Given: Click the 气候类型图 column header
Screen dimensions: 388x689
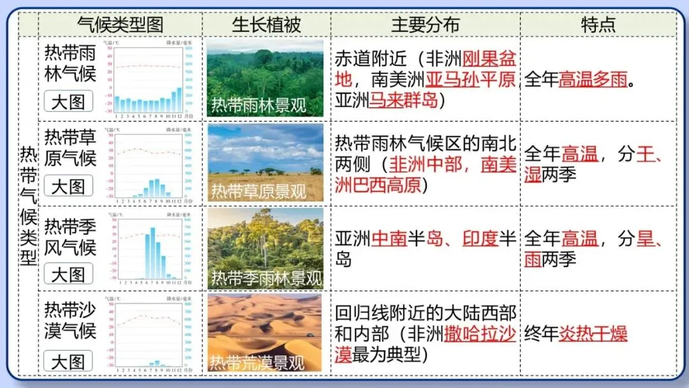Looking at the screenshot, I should tap(120, 24).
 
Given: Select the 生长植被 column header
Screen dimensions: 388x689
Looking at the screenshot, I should tap(266, 24).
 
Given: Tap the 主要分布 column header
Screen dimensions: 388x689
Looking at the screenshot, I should tap(425, 24).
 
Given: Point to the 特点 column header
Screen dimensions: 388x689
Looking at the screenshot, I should tap(598, 24).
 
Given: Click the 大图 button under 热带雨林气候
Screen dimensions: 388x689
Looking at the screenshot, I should tap(68, 101).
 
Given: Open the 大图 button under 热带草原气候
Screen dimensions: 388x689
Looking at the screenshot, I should tap(68, 186).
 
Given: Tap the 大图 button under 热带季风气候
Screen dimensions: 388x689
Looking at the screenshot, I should tap(68, 274).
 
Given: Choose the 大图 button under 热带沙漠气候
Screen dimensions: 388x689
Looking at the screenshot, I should tap(68, 361).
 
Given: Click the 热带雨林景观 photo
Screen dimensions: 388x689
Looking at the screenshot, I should tap(265, 78).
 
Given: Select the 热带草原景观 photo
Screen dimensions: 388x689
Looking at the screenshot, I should tap(265, 163).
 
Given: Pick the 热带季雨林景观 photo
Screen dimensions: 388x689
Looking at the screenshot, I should tap(265, 248).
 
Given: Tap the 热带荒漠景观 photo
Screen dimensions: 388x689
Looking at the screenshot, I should tap(265, 332).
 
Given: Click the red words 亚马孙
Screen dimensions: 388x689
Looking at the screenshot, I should tap(452, 80).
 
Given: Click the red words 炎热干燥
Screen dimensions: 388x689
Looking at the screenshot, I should tap(593, 333).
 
